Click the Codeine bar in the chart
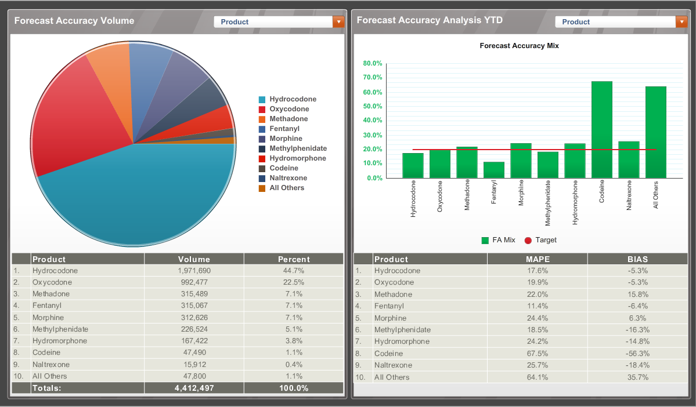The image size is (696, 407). tap(602, 130)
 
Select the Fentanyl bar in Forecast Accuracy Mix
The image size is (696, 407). tap(494, 170)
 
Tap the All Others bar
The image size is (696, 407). tap(656, 133)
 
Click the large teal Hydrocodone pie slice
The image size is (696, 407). tap(139, 197)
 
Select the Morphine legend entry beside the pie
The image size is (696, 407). tap(286, 139)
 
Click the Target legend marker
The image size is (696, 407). tap(528, 240)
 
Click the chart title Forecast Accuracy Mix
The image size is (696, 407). tap(519, 45)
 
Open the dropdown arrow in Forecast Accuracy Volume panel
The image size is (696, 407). tap(338, 21)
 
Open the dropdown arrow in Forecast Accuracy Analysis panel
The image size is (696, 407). tap(681, 21)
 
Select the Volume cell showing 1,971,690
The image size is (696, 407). tap(194, 271)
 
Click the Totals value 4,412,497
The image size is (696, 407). tap(194, 388)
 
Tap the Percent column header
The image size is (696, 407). tap(294, 259)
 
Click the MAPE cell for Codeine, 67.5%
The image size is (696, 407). tap(537, 354)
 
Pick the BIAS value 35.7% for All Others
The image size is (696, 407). tap(637, 377)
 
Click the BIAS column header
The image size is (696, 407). tap(637, 259)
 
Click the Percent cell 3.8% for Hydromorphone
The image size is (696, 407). tap(294, 341)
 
